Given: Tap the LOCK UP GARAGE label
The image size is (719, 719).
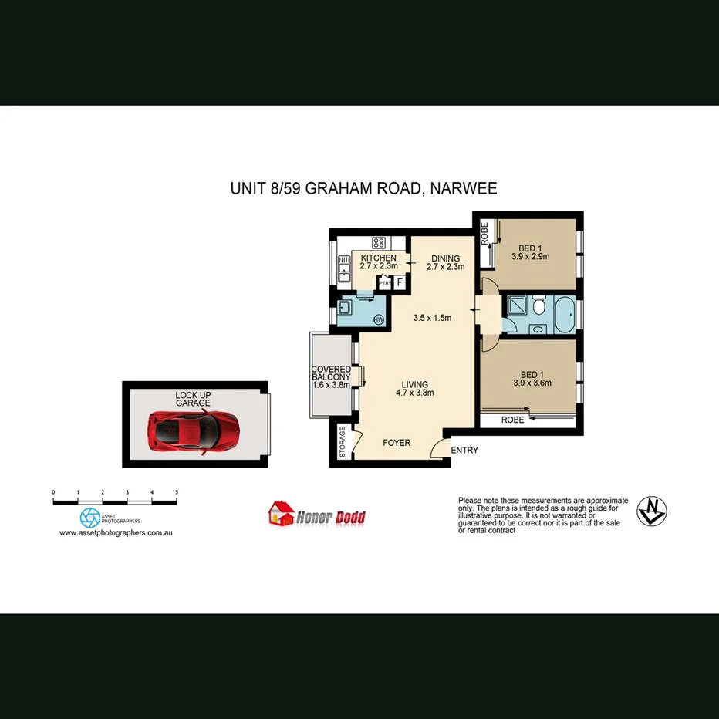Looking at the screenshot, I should pos(193,399).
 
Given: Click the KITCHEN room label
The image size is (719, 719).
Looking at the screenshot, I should pos(378,258).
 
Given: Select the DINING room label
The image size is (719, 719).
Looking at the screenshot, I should pos(445,258).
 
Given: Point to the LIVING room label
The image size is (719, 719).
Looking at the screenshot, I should pos(414,384).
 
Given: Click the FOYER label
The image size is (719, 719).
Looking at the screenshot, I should pos(397,443).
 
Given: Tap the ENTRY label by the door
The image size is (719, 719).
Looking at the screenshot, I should pos(464,451).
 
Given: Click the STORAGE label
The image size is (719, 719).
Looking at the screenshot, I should pos(343,443).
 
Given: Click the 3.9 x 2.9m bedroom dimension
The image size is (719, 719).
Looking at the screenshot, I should pos(530,257).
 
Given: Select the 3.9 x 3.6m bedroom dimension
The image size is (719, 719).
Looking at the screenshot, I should pos(530,382).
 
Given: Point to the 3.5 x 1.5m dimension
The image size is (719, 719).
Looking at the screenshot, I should pos(432,317).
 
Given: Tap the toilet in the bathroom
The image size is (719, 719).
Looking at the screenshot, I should pos(539,307).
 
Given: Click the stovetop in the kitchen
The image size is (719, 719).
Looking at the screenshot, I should pos(378,241).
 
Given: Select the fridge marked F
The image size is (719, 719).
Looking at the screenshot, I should pos(400,283).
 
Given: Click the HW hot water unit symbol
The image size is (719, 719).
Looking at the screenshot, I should pos(379,319).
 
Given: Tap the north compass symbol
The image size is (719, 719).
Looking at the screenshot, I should pos(652,510).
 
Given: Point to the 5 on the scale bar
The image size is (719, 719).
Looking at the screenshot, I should pos(177,491).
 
